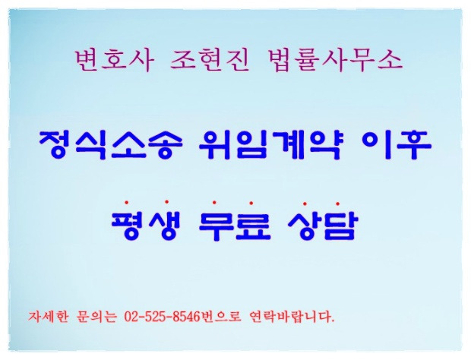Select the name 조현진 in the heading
pyautogui.click(x=210, y=61)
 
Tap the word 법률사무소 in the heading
pyautogui.click(x=334, y=61)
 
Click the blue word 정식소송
pyautogui.click(x=110, y=145)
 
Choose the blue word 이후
pyautogui.click(x=397, y=145)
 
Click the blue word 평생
pyautogui.click(x=146, y=225)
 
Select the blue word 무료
pyautogui.click(x=235, y=225)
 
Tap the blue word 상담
pyautogui.click(x=324, y=225)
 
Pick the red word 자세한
pyautogui.click(x=49, y=317)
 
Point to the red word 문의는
pyautogui.click(x=96, y=317)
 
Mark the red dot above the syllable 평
pyautogui.click(x=126, y=202)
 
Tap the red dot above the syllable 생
pyautogui.click(x=166, y=202)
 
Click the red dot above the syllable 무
pyautogui.click(x=214, y=202)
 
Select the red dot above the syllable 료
pyautogui.click(x=251, y=203)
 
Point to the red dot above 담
pyautogui.click(x=337, y=204)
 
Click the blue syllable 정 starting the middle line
pyautogui.click(x=55, y=145)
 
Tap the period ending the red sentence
pyautogui.click(x=333, y=321)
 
